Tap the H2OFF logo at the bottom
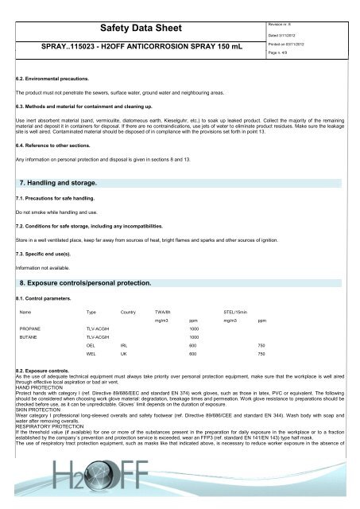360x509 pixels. [180, 486]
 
